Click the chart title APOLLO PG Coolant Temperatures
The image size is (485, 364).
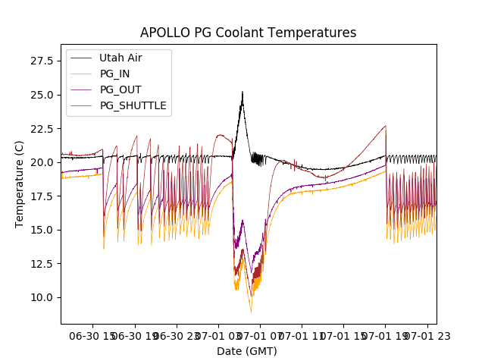(x=248, y=33)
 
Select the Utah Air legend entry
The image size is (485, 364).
(x=120, y=58)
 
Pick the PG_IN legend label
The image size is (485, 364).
(x=116, y=74)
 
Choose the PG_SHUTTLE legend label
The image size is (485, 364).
(x=133, y=105)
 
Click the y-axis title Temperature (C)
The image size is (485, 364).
(x=20, y=184)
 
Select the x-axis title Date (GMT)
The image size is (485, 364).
(x=247, y=351)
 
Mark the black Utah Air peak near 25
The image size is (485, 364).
(x=242, y=93)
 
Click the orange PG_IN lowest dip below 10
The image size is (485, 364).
(x=251, y=312)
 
